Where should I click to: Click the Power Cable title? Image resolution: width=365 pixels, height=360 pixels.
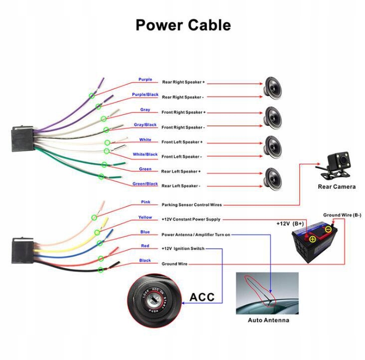point(183,25)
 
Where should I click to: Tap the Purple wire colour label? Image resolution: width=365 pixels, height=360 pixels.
point(145,79)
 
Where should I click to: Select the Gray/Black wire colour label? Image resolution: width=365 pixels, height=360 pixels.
point(145,125)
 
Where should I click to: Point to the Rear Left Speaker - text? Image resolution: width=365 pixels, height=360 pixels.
point(181,186)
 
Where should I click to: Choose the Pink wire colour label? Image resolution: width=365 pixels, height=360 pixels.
point(145,202)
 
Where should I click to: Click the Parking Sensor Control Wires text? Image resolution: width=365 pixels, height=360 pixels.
point(192,205)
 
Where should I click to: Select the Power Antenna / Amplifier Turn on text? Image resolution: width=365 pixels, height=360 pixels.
point(196,234)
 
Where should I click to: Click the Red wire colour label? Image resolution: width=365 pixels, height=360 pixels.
point(145,246)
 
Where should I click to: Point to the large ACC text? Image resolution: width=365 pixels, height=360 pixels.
point(202,298)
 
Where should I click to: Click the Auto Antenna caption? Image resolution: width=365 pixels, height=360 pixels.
point(268,320)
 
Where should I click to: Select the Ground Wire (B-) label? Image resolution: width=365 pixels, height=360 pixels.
point(342,215)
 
